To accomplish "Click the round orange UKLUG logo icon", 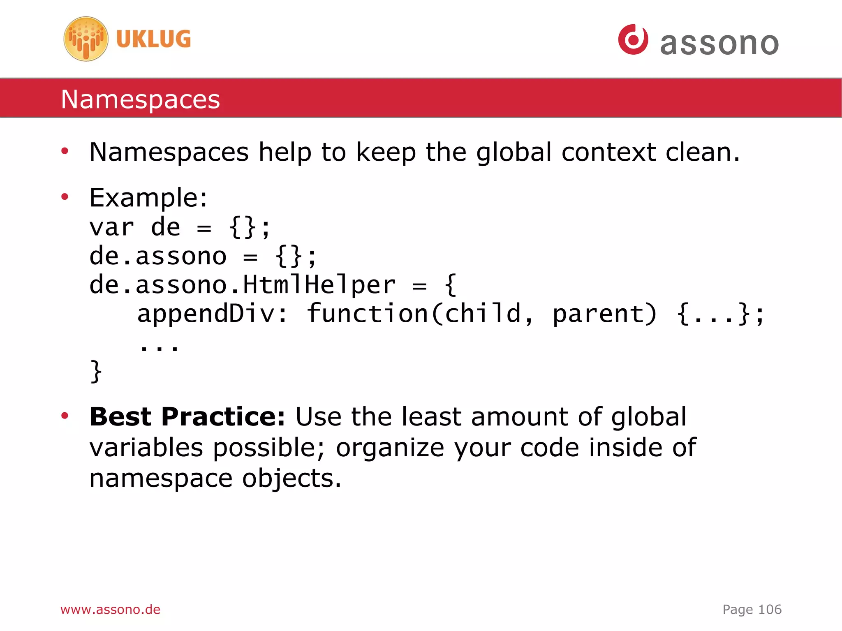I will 86,39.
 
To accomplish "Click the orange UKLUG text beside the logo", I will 153,39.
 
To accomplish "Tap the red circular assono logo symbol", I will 633,39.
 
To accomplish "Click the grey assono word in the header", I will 719,44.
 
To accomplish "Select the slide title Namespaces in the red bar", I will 140,99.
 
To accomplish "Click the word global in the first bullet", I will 514,152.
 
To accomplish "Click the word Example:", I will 148,198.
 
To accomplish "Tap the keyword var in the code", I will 112,227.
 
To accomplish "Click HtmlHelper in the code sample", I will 319,284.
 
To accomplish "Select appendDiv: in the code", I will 212,314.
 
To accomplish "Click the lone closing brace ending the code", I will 96,371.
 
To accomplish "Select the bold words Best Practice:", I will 187,417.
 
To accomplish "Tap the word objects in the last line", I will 291,479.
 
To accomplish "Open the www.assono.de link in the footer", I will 110,609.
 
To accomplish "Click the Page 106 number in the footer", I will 752,609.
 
